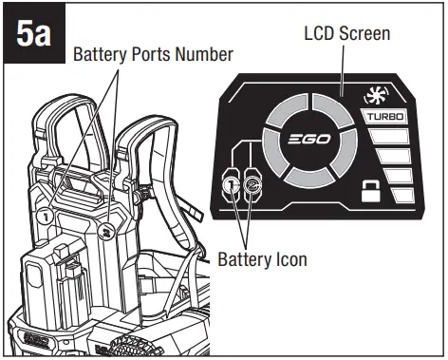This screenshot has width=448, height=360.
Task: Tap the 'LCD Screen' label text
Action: (348, 32)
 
